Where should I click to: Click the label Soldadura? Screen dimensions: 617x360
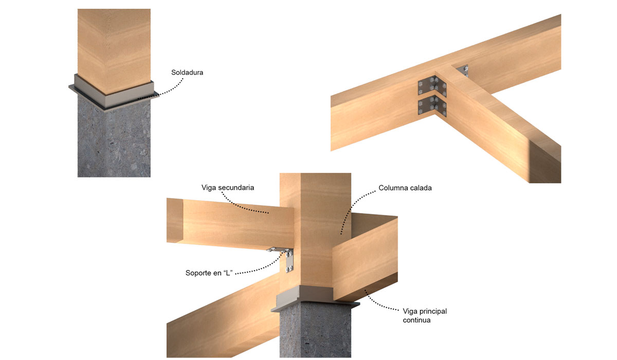pos(187,73)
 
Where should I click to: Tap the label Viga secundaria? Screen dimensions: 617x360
pos(227,188)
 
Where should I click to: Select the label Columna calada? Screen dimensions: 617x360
pos(405,188)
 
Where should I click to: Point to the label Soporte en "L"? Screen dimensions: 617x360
pos(209,273)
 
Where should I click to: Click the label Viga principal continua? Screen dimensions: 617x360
pos(425,316)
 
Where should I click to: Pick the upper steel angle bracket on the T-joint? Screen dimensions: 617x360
pos(432,86)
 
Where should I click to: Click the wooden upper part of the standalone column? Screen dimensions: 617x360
pos(114,49)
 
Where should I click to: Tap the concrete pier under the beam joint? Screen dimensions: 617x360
pos(315,331)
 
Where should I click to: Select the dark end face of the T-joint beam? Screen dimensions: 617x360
pos(545,163)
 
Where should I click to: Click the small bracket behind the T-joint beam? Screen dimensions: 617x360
pos(463,70)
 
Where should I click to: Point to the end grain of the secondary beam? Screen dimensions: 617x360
pos(175,220)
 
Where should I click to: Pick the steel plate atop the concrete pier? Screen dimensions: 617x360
pos(315,299)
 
